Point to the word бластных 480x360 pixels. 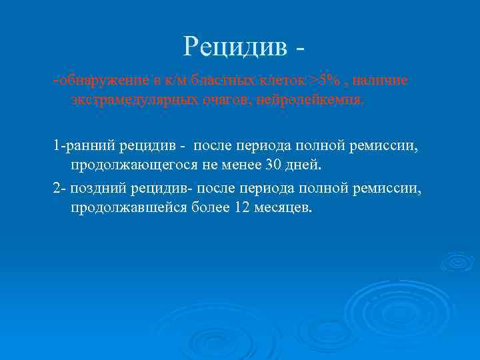point(212,81)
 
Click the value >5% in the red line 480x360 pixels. point(323,81)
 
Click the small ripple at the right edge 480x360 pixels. point(457,261)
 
